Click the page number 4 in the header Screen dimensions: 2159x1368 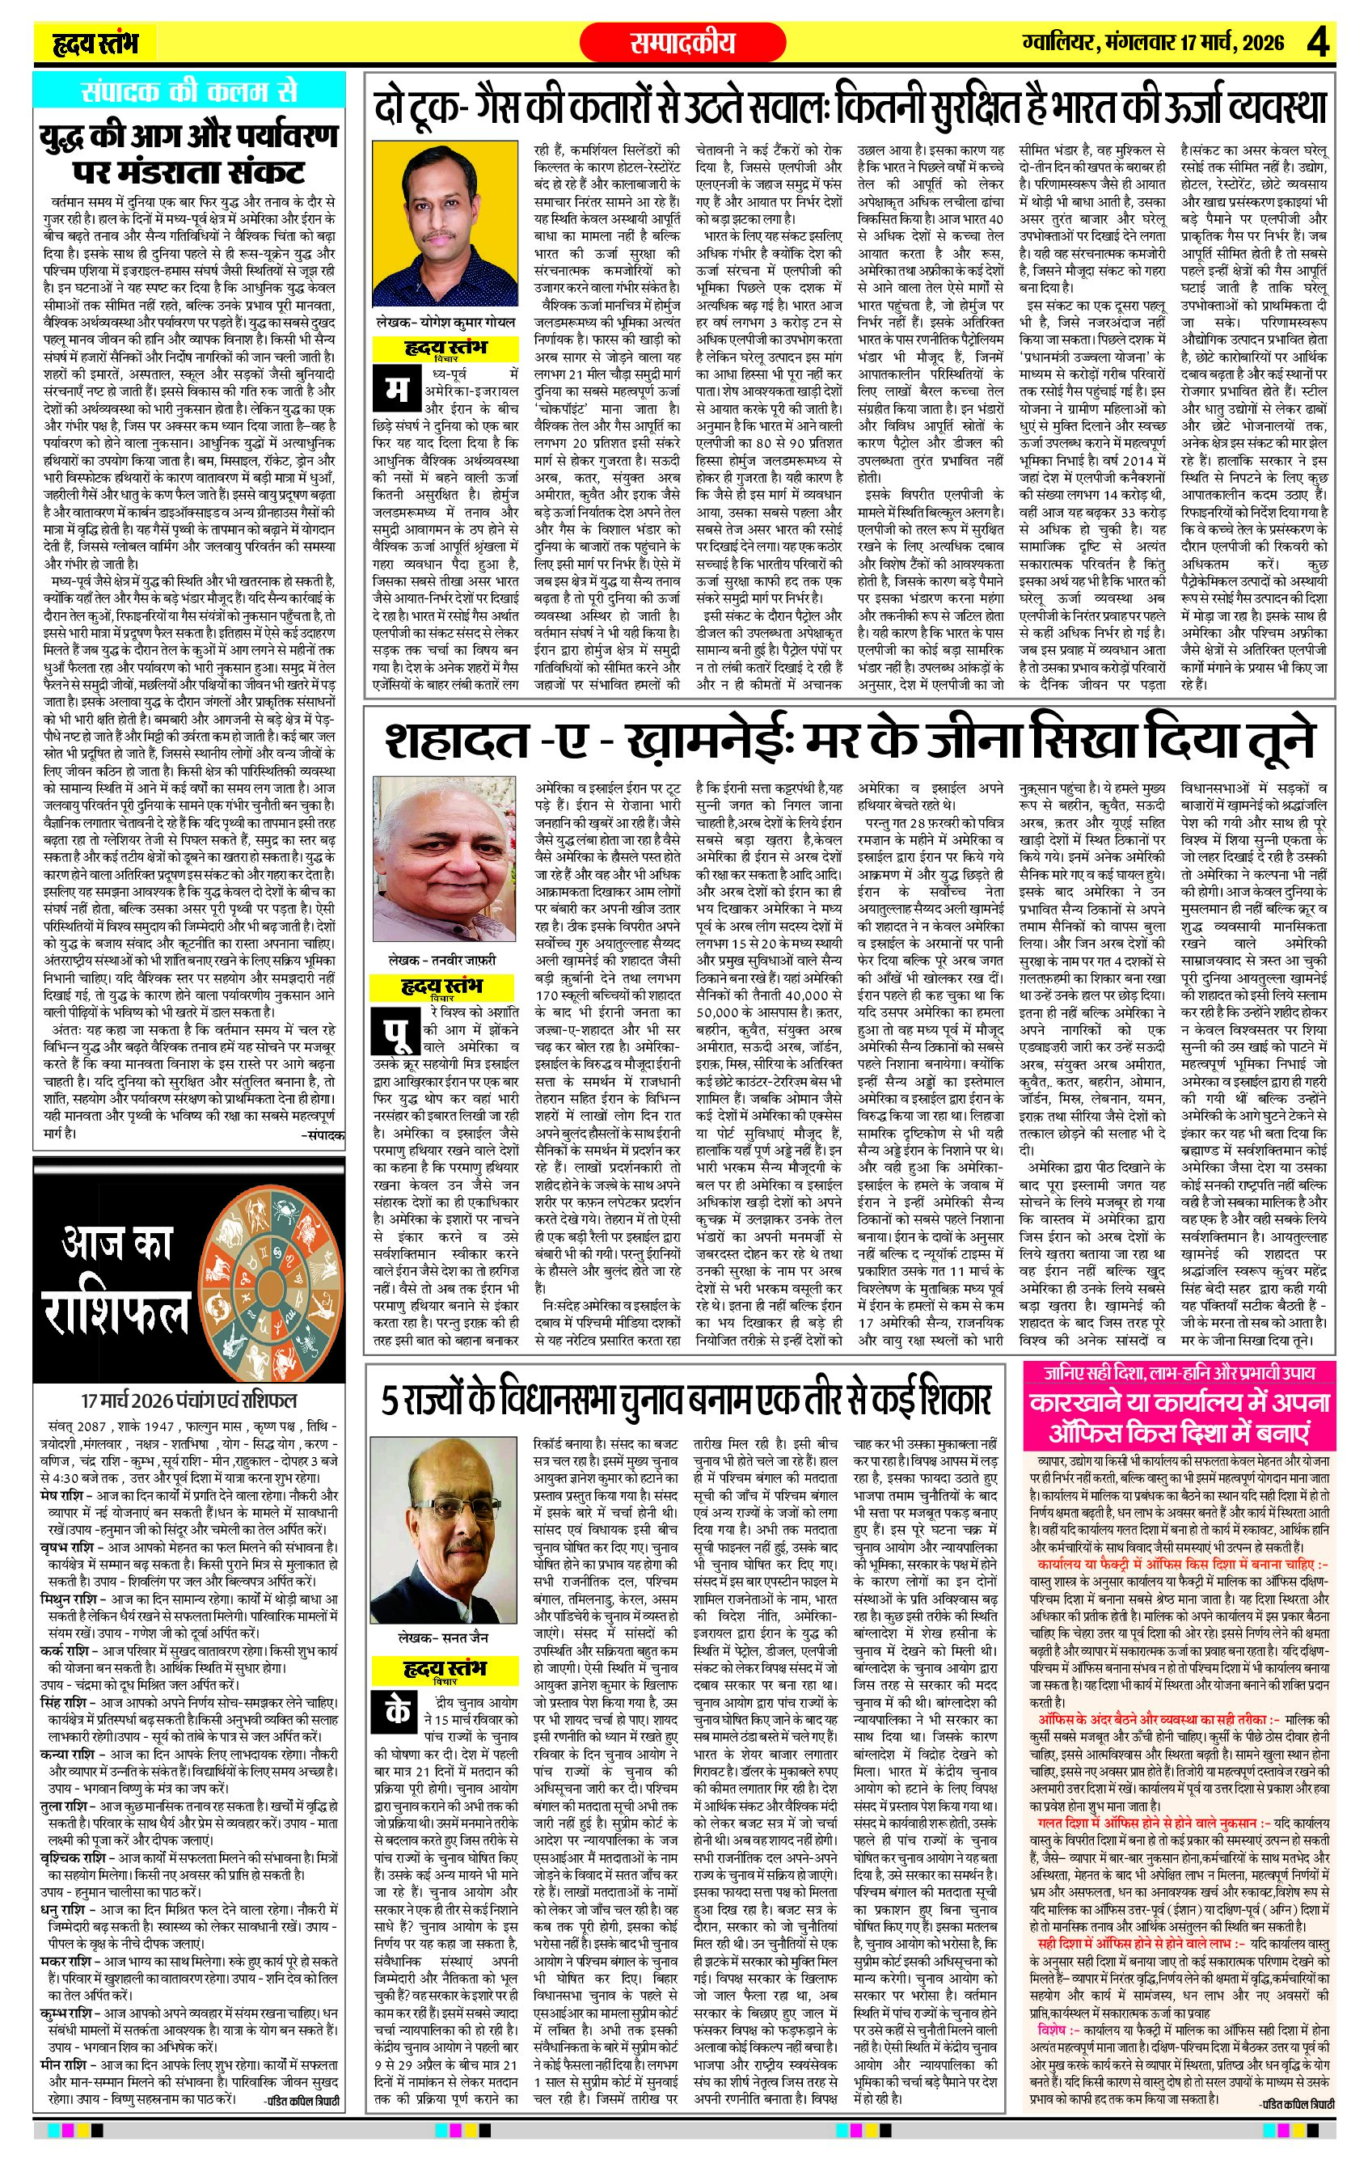(x=1316, y=42)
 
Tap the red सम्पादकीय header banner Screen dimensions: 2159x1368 (x=682, y=42)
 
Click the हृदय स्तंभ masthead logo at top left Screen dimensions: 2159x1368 (x=94, y=42)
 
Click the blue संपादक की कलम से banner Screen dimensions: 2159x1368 (x=188, y=91)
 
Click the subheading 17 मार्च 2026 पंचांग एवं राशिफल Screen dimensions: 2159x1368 (x=188, y=1401)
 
